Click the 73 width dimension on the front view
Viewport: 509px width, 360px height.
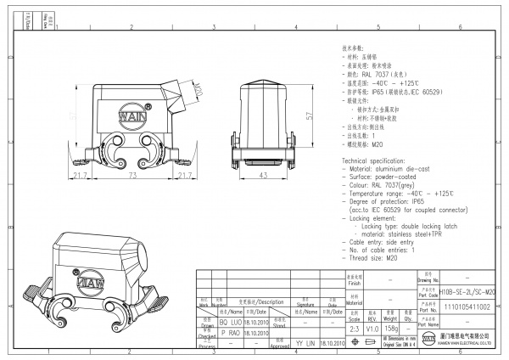[x=133, y=176]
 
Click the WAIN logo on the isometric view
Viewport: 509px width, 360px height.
[x=90, y=276]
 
